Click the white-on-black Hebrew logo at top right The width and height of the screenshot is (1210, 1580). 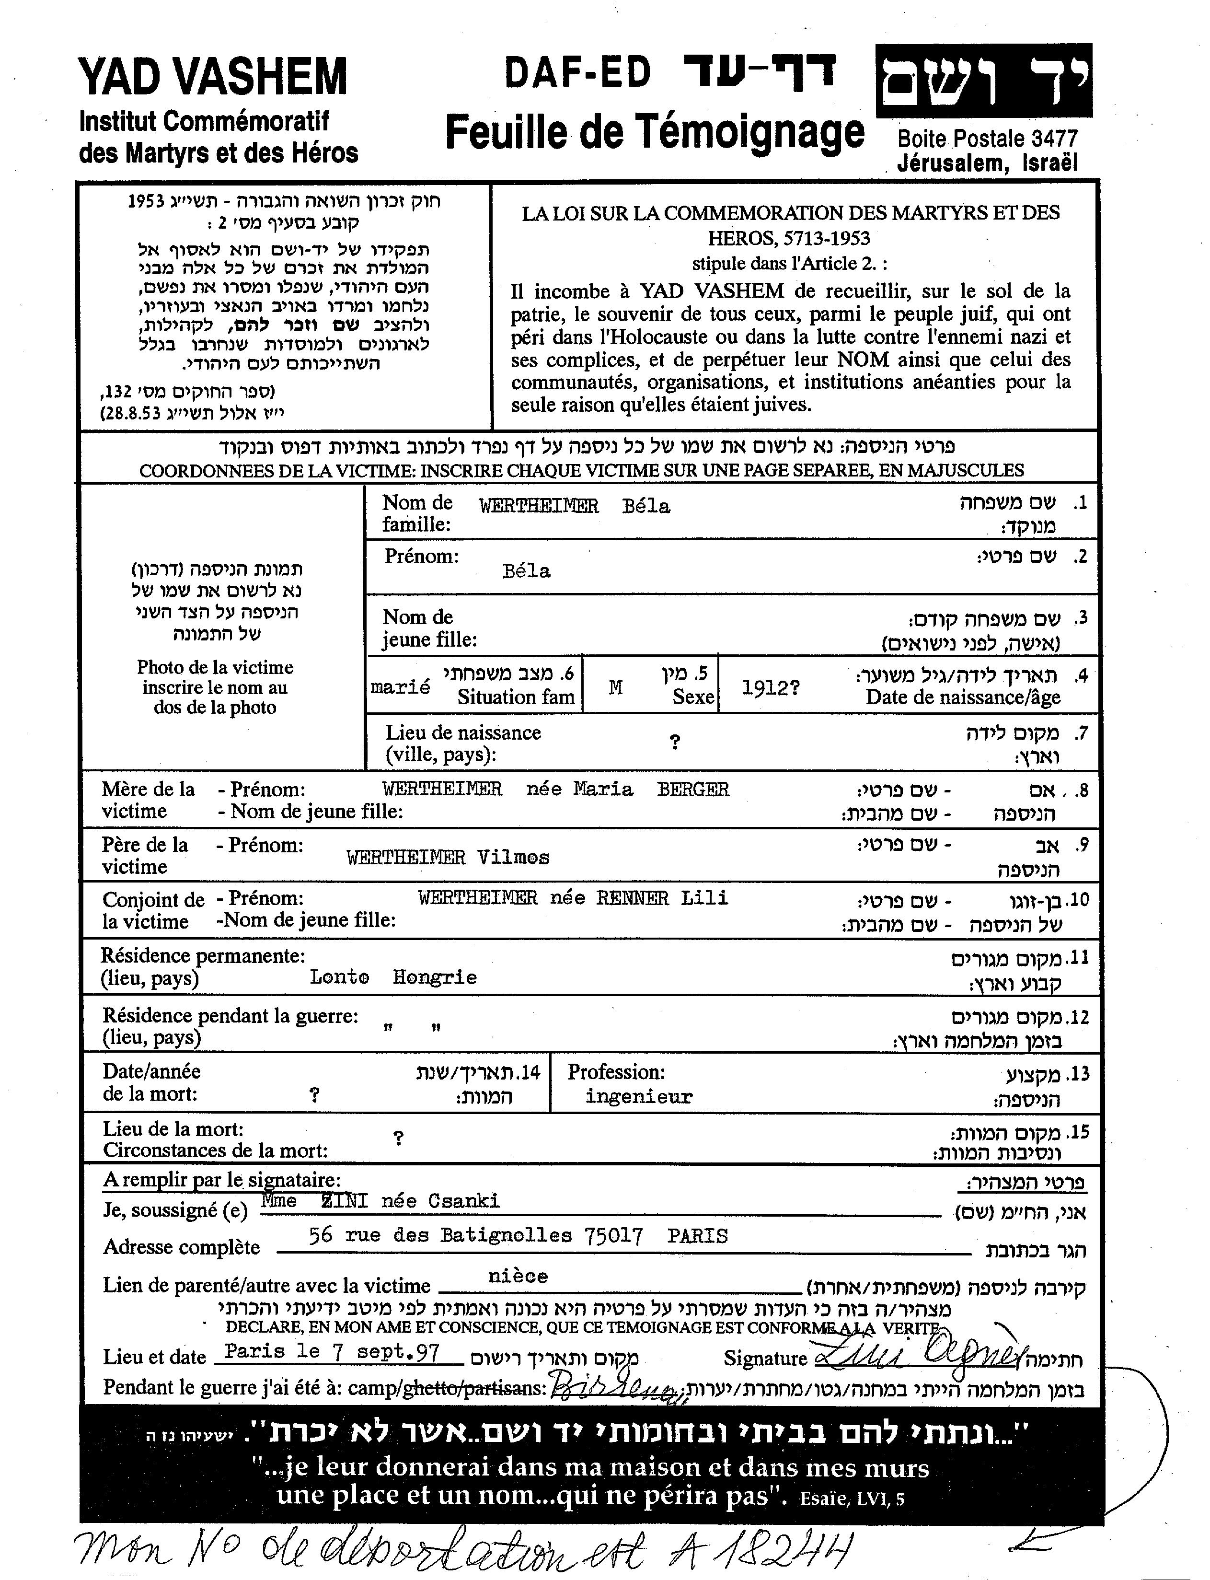[983, 81]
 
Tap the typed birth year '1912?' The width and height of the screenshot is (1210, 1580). [770, 688]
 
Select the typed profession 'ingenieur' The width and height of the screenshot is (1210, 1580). [638, 1097]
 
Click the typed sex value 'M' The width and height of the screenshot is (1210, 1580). [615, 688]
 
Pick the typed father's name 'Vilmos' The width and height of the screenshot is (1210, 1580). [513, 858]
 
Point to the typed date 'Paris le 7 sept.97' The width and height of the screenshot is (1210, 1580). [332, 1352]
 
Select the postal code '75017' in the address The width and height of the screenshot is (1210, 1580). [614, 1236]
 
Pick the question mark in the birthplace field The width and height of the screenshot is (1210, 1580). [675, 742]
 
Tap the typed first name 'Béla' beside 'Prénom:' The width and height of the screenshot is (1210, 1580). [527, 571]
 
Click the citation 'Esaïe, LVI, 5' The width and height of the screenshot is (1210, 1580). [852, 1499]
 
